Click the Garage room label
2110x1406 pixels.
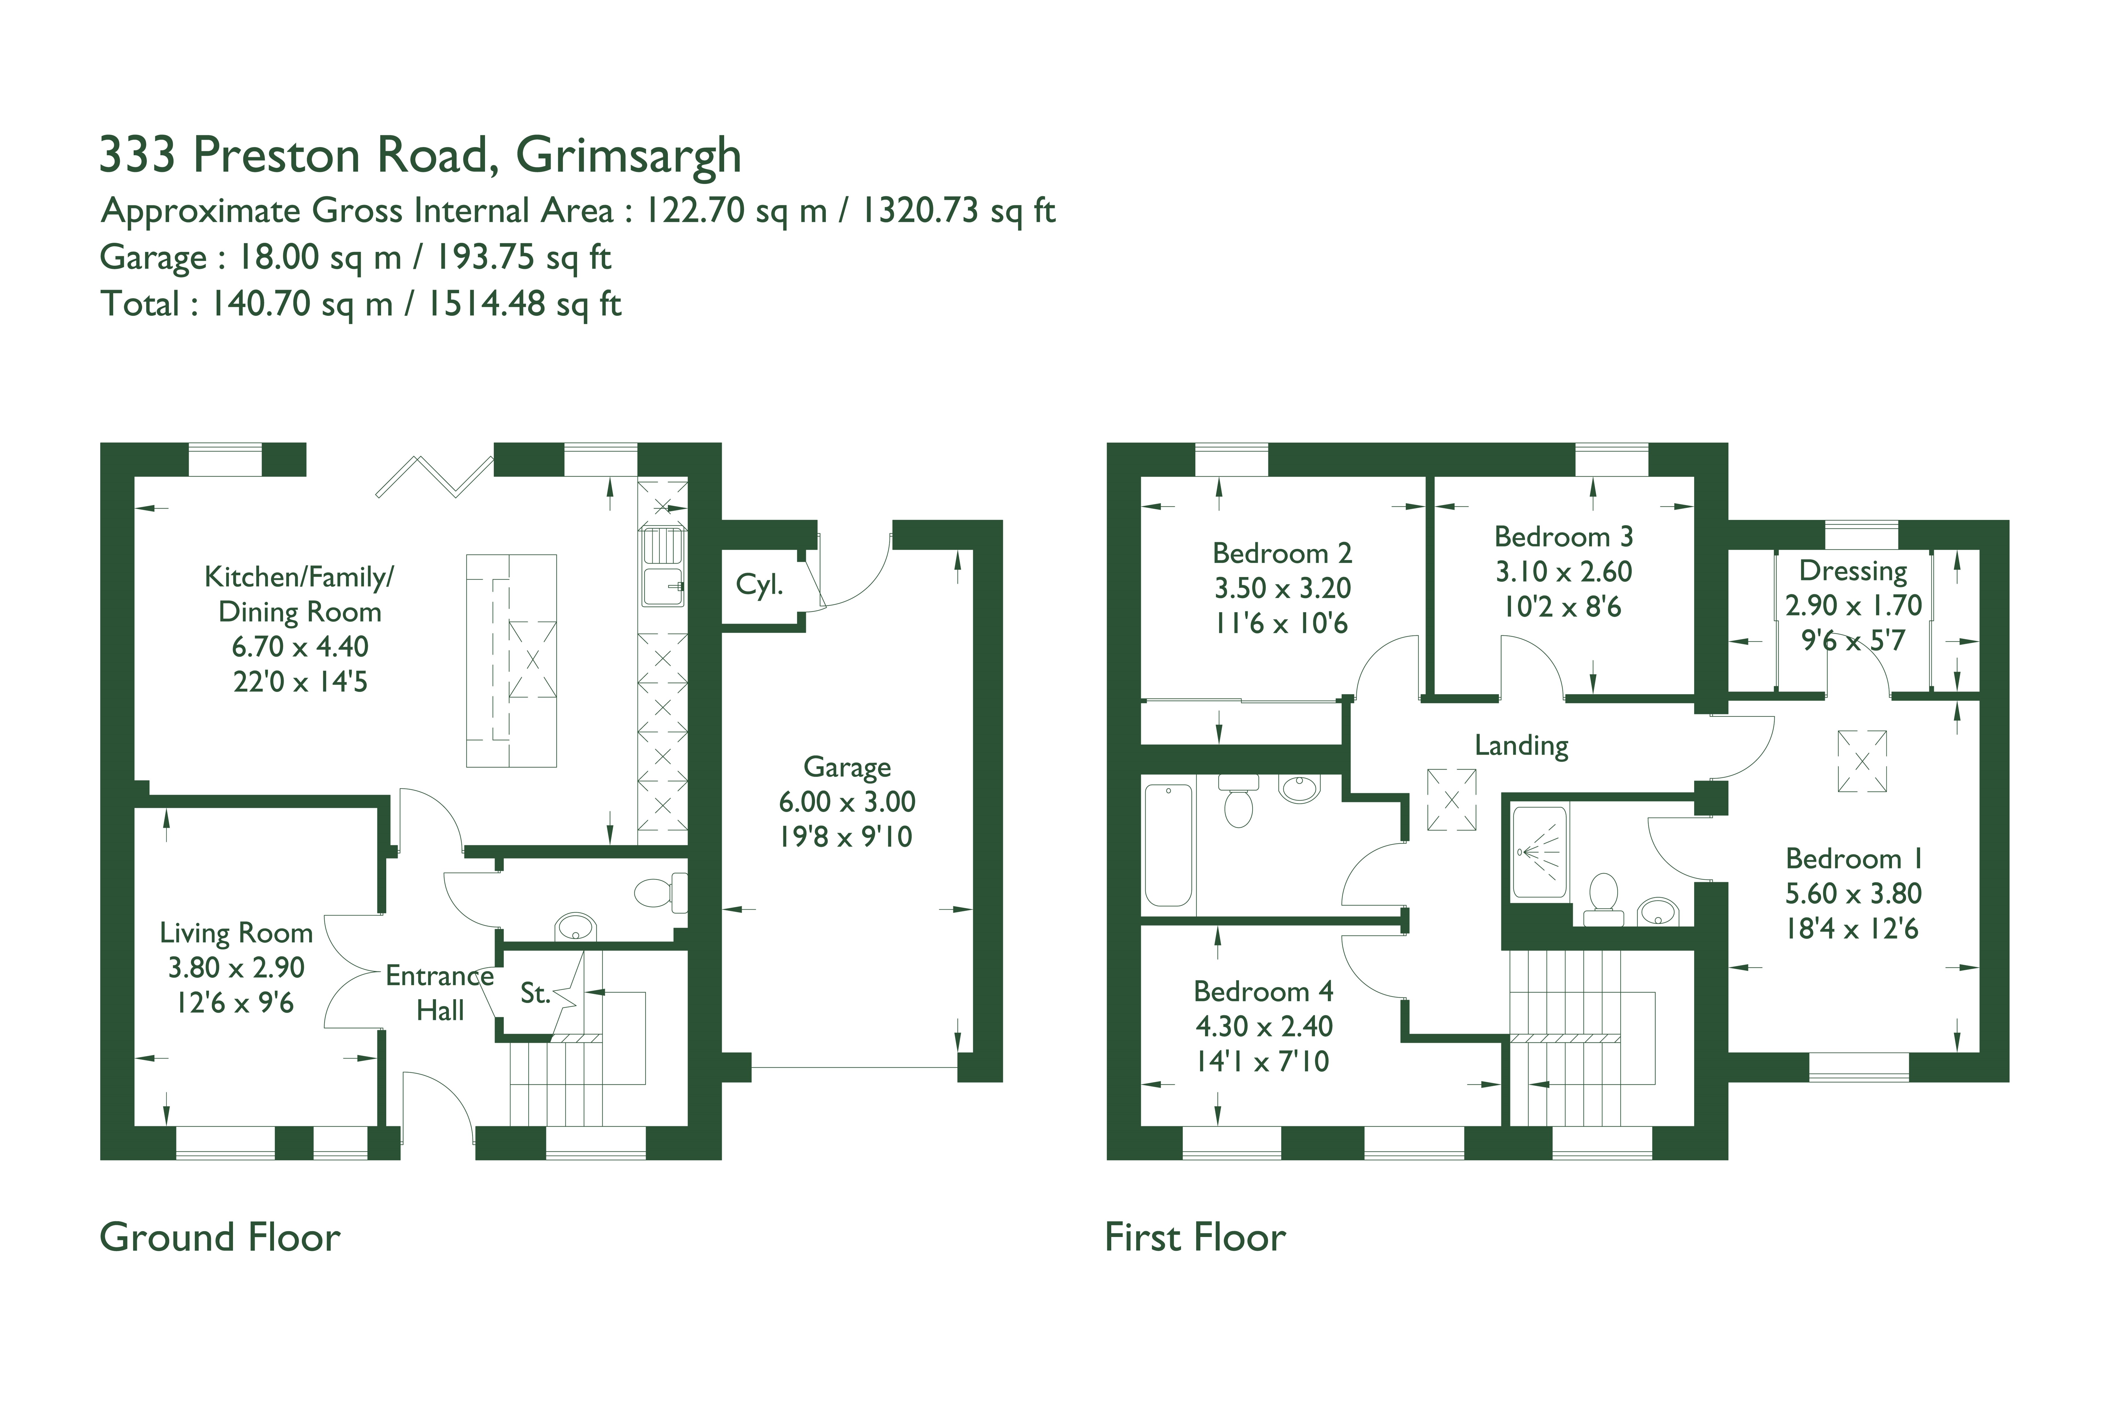847,768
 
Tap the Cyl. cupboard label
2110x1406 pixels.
759,585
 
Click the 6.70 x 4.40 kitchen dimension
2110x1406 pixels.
300,646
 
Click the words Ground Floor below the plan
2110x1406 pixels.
220,1238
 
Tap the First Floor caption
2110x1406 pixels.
1195,1238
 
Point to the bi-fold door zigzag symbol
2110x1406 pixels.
434,476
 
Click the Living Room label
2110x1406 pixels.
236,934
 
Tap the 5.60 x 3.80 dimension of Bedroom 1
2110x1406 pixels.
1853,894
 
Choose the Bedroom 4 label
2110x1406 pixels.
1263,992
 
